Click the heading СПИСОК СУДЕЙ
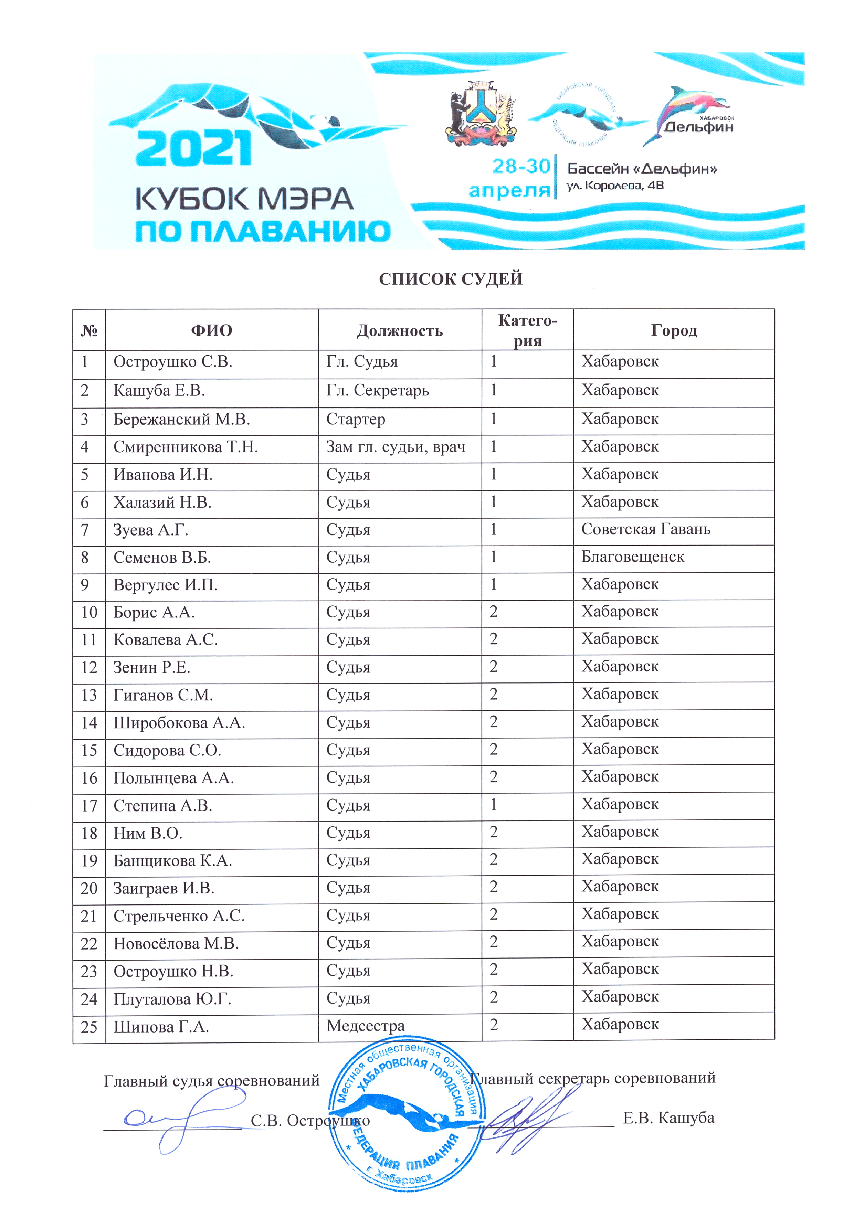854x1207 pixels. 451,279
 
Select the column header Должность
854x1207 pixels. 400,331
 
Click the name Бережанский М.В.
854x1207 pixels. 181,420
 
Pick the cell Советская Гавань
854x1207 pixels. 646,529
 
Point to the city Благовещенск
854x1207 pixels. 633,557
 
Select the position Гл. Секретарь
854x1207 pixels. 378,391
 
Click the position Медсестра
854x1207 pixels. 366,1026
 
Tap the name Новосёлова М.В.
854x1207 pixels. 176,944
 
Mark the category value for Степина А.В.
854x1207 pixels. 493,804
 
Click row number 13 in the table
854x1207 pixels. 89,695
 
